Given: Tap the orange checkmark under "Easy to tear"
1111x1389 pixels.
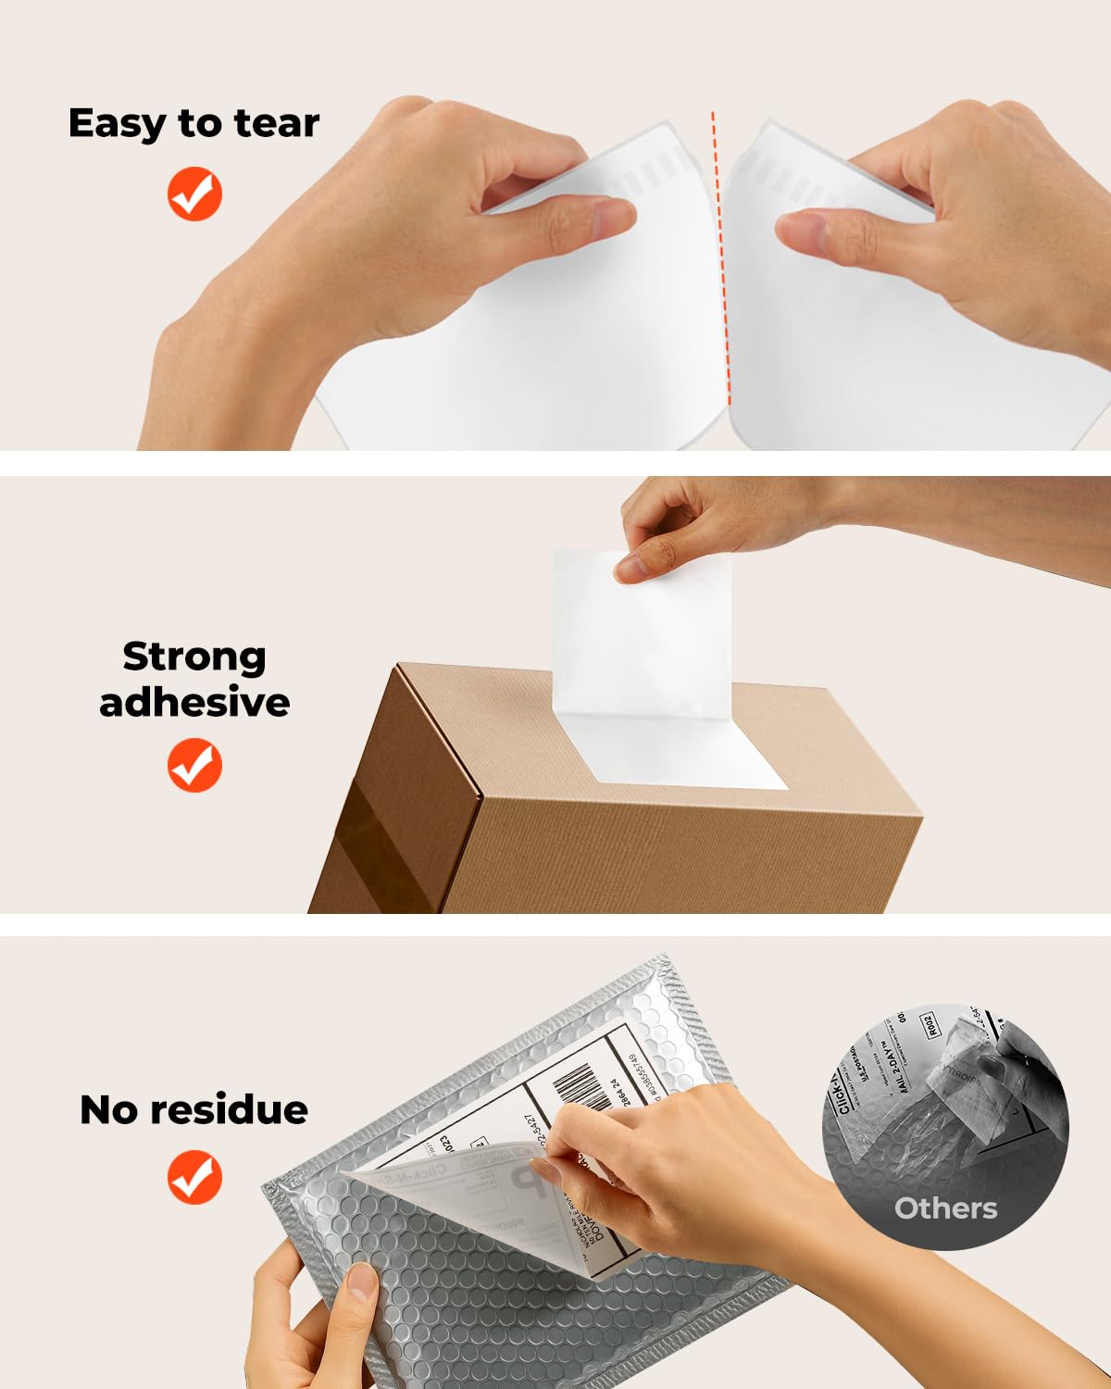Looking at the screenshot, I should tap(194, 194).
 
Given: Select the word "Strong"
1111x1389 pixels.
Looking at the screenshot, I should tap(194, 657).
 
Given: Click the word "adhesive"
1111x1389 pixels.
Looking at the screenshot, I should tap(194, 702).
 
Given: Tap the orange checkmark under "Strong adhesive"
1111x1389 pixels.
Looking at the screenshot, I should tap(194, 765).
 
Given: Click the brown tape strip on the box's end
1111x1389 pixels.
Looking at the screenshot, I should tap(389, 852).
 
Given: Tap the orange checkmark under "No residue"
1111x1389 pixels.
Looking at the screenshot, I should tap(194, 1177).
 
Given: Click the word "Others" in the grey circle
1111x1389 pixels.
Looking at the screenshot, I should tap(945, 1208).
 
